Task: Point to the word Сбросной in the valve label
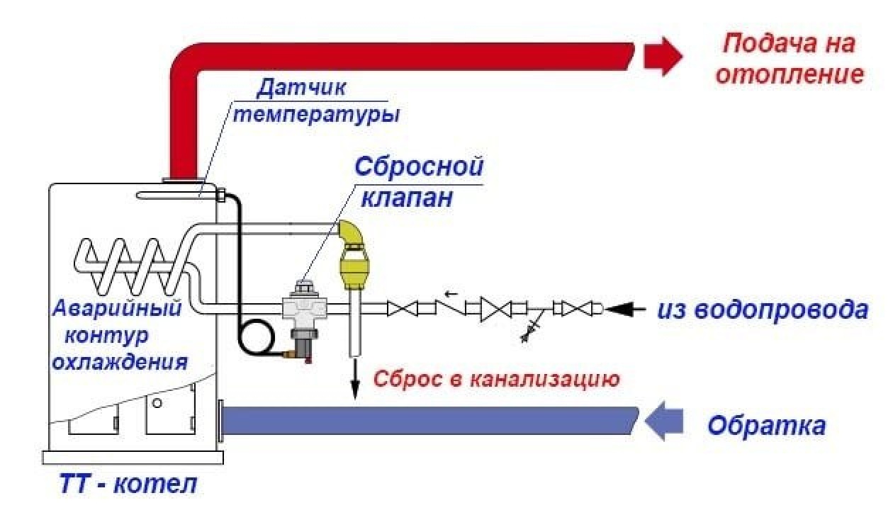pos(419,168)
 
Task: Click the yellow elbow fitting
pos(349,233)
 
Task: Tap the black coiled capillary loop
pos(255,336)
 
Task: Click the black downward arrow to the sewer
pos(352,382)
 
